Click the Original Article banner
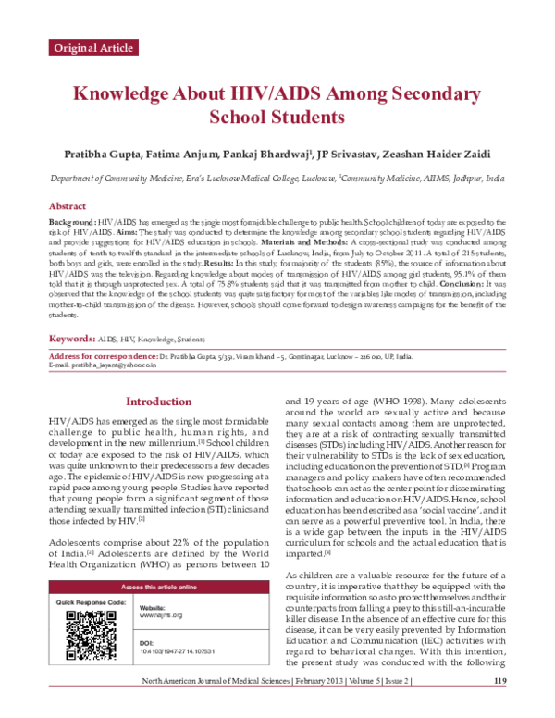coord(92,46)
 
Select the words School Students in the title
coord(277,118)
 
